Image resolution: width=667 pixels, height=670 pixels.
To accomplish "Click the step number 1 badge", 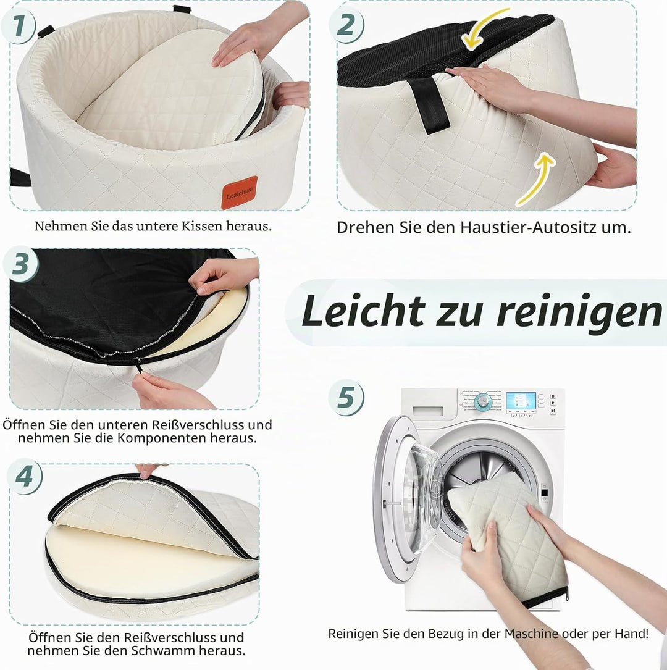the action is [18, 26].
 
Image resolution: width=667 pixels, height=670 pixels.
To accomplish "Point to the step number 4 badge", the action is [24, 477].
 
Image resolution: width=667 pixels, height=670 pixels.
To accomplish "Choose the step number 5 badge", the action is [346, 398].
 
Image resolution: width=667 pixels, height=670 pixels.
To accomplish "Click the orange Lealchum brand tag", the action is [239, 193].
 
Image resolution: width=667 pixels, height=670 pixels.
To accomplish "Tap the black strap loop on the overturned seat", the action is [430, 105].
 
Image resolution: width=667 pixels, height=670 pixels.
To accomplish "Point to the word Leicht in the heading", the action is [363, 311].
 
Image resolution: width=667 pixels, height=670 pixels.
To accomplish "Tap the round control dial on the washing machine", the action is [483, 401].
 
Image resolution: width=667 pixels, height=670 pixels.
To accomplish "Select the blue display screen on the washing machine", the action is [521, 401].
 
